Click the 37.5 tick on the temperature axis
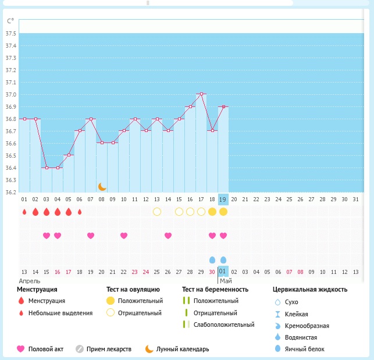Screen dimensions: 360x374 tap(9, 34)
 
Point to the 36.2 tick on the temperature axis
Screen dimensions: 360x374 tap(9, 193)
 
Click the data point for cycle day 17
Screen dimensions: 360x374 tap(201, 94)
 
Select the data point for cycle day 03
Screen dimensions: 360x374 tap(47, 167)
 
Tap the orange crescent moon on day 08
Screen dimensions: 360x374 tap(102, 186)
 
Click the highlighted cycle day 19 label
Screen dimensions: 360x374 tap(223, 199)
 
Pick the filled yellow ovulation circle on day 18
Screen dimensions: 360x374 tap(212, 212)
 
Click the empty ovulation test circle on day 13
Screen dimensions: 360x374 tap(157, 212)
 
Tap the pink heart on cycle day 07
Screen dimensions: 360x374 tap(91, 236)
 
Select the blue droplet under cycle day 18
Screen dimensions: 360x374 tap(212, 259)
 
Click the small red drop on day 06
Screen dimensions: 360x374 tap(80, 212)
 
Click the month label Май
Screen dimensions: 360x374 tap(226, 281)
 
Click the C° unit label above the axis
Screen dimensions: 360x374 tap(10, 22)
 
